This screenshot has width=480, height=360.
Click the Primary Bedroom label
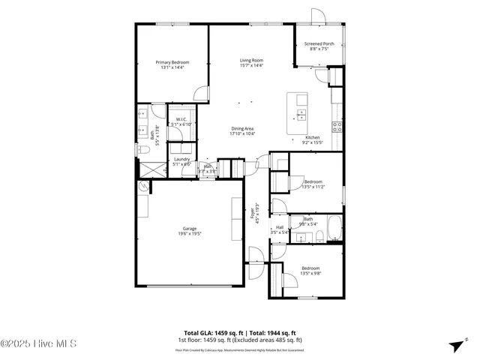tap(172, 64)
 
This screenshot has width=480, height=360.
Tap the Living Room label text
tap(251, 63)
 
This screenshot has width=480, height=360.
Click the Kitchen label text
tap(312, 139)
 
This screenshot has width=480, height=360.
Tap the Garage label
tap(190, 231)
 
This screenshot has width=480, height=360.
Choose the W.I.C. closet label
tap(181, 121)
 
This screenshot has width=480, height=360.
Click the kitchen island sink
tap(301, 115)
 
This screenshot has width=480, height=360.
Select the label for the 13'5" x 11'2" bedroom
tap(313, 184)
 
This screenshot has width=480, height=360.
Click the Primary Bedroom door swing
tap(199, 94)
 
